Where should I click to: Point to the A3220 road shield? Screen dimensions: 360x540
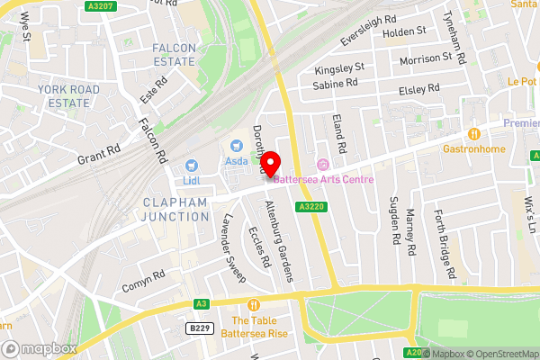click(310, 206)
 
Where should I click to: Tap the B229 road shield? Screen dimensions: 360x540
click(200, 329)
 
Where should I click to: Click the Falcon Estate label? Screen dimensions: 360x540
click(174, 54)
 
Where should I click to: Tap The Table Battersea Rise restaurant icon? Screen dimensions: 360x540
click(256, 305)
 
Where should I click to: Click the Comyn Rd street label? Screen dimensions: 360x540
click(144, 281)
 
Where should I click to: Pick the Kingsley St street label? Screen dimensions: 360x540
click(338, 67)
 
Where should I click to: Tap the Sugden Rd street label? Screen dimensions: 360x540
click(393, 221)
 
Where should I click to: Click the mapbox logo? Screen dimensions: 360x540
click(39, 348)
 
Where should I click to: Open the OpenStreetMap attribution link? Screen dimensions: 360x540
click(500, 354)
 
